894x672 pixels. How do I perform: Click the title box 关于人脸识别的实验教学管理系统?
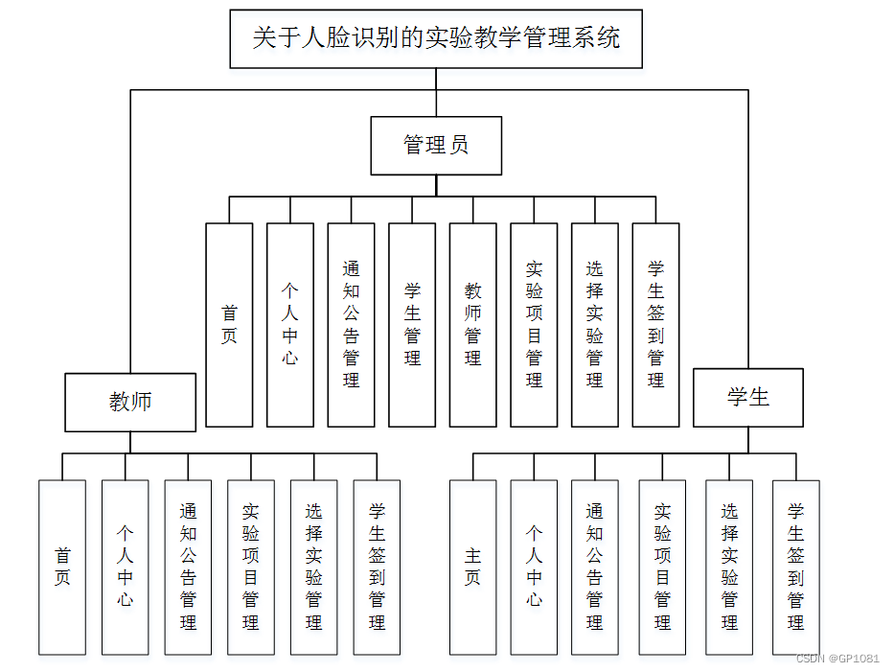436,38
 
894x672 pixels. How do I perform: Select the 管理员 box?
436,146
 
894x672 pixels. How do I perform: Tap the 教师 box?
130,401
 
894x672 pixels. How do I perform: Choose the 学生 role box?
747,397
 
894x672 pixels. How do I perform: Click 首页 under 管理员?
229,325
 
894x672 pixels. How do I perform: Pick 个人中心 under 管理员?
290,325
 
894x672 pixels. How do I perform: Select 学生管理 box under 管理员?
412,325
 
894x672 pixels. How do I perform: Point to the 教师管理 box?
473,325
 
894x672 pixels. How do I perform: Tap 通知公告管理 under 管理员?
351,325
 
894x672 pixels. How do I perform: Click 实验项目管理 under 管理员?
534,325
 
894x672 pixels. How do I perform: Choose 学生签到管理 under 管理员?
655,325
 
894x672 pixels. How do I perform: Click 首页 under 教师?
62,567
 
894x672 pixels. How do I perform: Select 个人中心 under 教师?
126,567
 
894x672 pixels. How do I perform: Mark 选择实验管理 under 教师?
313,567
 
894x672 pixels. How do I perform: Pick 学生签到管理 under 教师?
377,567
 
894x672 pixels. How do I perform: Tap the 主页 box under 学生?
473,567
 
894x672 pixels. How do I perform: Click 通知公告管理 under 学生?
595,567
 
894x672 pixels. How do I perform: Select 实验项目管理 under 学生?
662,567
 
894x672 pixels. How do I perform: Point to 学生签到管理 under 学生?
796,567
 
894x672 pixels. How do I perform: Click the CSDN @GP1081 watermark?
837,659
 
